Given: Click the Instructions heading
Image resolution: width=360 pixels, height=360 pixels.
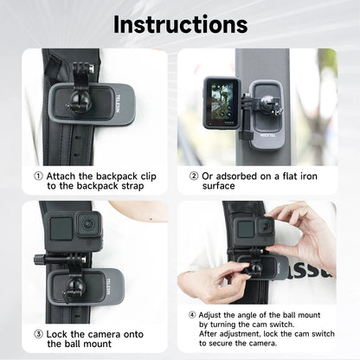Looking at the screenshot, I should (180, 23).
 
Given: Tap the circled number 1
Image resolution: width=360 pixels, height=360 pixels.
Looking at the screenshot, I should (38, 176).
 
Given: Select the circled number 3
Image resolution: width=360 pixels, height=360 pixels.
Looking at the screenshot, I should (38, 333).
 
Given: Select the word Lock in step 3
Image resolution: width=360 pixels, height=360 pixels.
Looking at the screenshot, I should (58, 333).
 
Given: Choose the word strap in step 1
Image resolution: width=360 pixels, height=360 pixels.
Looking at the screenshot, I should (129, 185).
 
